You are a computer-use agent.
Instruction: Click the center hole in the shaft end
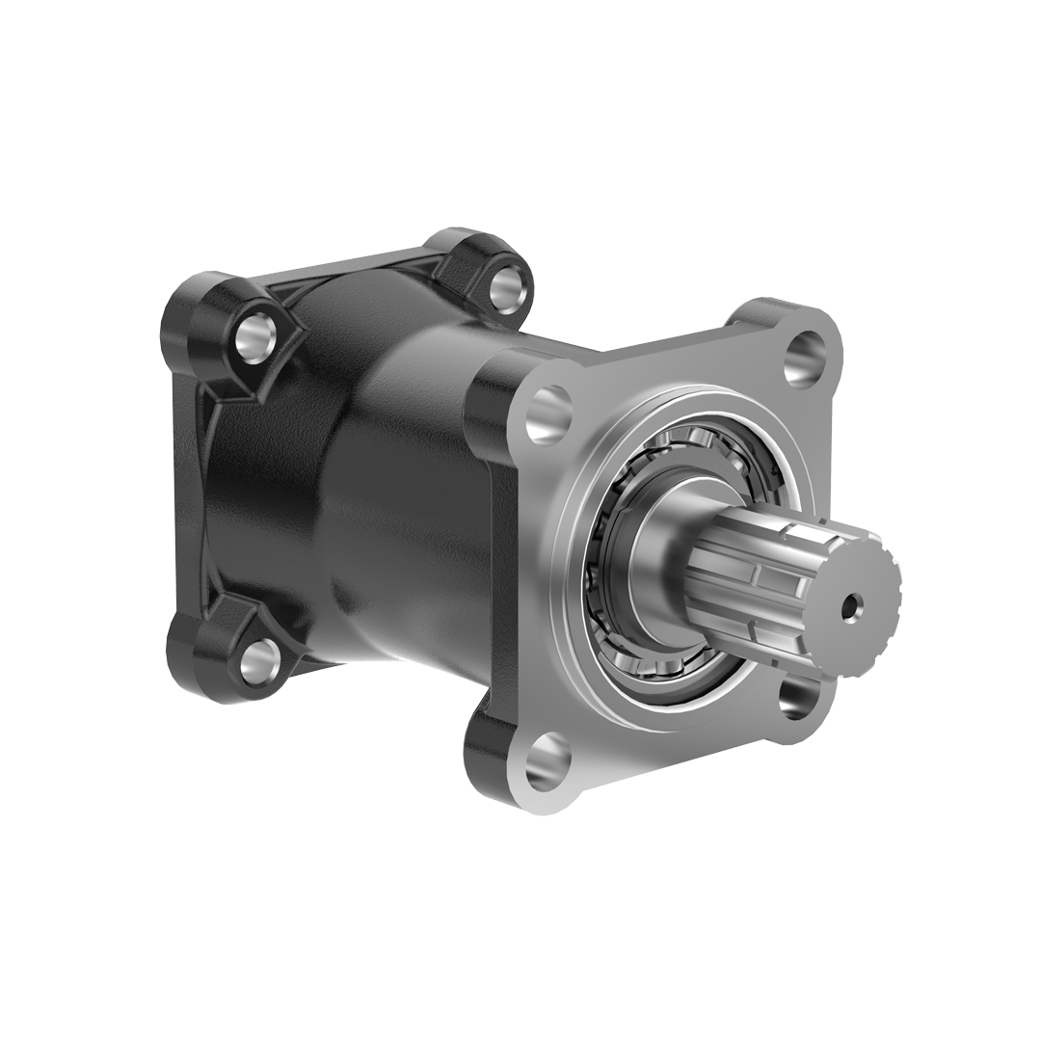tap(849, 608)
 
